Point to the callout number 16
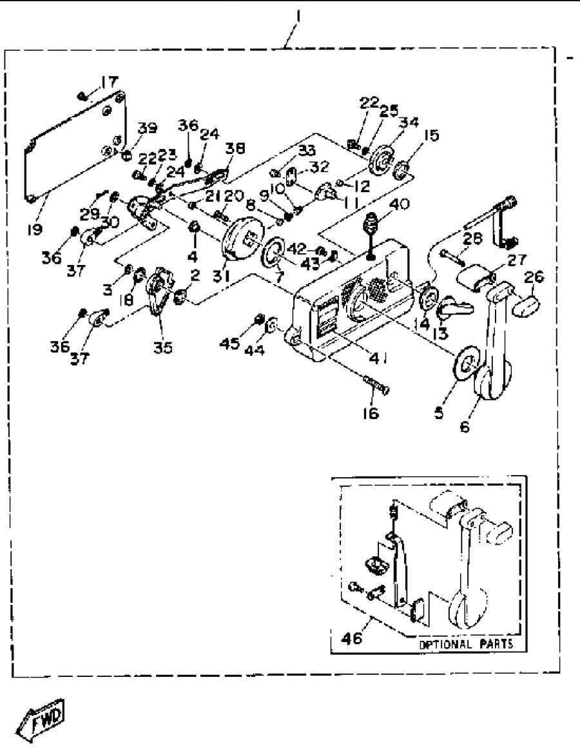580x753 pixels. (372, 413)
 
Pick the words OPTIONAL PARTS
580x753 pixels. (466, 644)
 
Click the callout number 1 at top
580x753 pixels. (298, 14)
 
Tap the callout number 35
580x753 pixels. (162, 347)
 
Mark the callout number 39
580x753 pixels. (147, 128)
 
